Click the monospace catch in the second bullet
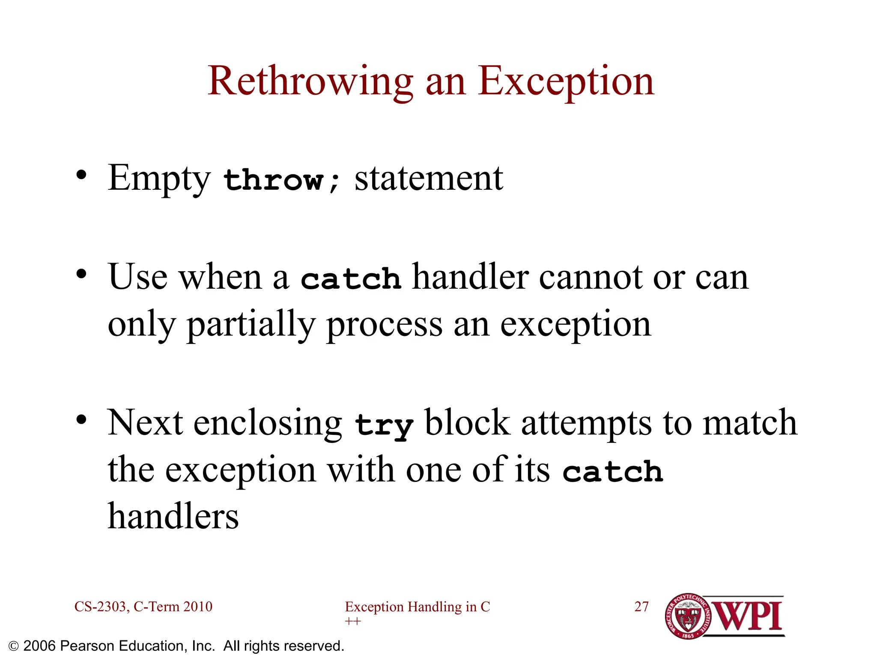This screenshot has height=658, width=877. tap(351, 278)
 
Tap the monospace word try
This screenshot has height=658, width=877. tap(384, 425)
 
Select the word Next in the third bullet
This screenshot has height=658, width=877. tap(145, 423)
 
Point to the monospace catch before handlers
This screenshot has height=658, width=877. tap(613, 471)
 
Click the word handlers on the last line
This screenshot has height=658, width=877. tap(173, 517)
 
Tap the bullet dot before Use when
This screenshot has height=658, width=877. tap(81, 274)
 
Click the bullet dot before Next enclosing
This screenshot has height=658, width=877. tap(81, 420)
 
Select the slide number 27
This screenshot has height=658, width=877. tap(641, 607)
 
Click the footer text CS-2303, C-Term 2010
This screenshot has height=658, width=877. tap(143, 607)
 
